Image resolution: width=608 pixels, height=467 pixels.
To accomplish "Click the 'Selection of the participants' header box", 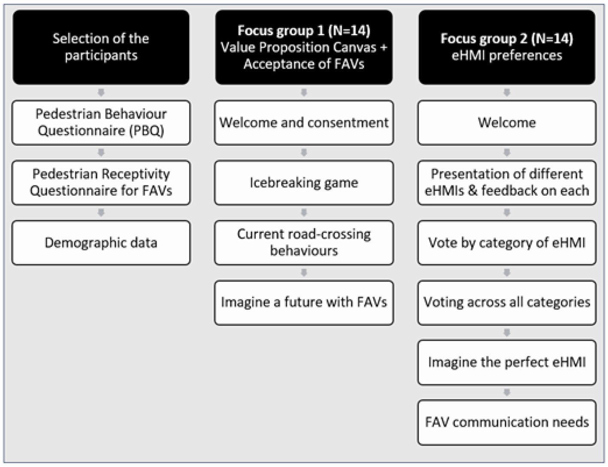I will pyautogui.click(x=101, y=47).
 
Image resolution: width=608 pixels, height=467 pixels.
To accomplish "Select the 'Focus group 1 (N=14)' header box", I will pyautogui.click(x=304, y=47).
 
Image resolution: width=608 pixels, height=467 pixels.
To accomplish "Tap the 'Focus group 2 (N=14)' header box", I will pyautogui.click(x=507, y=47).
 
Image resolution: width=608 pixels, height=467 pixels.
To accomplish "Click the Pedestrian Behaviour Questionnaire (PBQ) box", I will pyautogui.click(x=101, y=123).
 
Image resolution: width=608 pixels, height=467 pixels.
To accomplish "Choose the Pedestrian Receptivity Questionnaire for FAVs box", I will pyautogui.click(x=101, y=183).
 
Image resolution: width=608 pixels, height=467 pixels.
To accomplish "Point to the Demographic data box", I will pyautogui.click(x=101, y=242).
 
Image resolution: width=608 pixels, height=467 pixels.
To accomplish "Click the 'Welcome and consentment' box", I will pyautogui.click(x=304, y=123).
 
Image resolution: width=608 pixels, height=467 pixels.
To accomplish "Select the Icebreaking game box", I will pyautogui.click(x=304, y=183).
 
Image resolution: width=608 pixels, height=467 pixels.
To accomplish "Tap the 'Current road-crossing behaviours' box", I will pyautogui.click(x=304, y=242).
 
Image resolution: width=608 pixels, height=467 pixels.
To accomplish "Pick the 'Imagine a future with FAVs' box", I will pyautogui.click(x=304, y=302).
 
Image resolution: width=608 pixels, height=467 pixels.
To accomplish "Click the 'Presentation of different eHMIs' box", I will pyautogui.click(x=507, y=183).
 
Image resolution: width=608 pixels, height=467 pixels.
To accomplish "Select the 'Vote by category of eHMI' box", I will pyautogui.click(x=507, y=242).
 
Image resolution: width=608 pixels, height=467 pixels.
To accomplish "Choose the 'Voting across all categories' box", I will pyautogui.click(x=507, y=302).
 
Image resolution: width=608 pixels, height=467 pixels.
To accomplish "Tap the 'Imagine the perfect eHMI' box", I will pyautogui.click(x=507, y=362).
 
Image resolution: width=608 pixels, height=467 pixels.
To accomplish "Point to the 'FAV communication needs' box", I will pyautogui.click(x=507, y=422).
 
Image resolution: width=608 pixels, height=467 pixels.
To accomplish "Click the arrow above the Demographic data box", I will pyautogui.click(x=101, y=213).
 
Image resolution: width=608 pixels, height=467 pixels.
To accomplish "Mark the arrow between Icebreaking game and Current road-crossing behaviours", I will pyautogui.click(x=304, y=213).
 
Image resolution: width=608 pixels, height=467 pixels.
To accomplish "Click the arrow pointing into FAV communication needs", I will pyautogui.click(x=507, y=392).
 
